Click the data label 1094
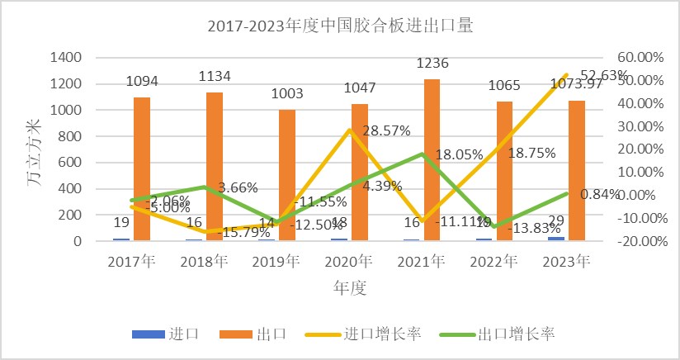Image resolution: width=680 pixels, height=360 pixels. [x=142, y=81]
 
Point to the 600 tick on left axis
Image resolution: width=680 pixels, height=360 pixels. [x=70, y=163]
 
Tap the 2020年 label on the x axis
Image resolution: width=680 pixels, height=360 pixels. [x=348, y=262]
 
